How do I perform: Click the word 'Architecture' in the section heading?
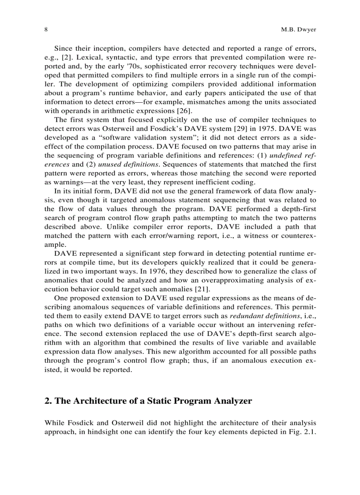click(94, 401)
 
